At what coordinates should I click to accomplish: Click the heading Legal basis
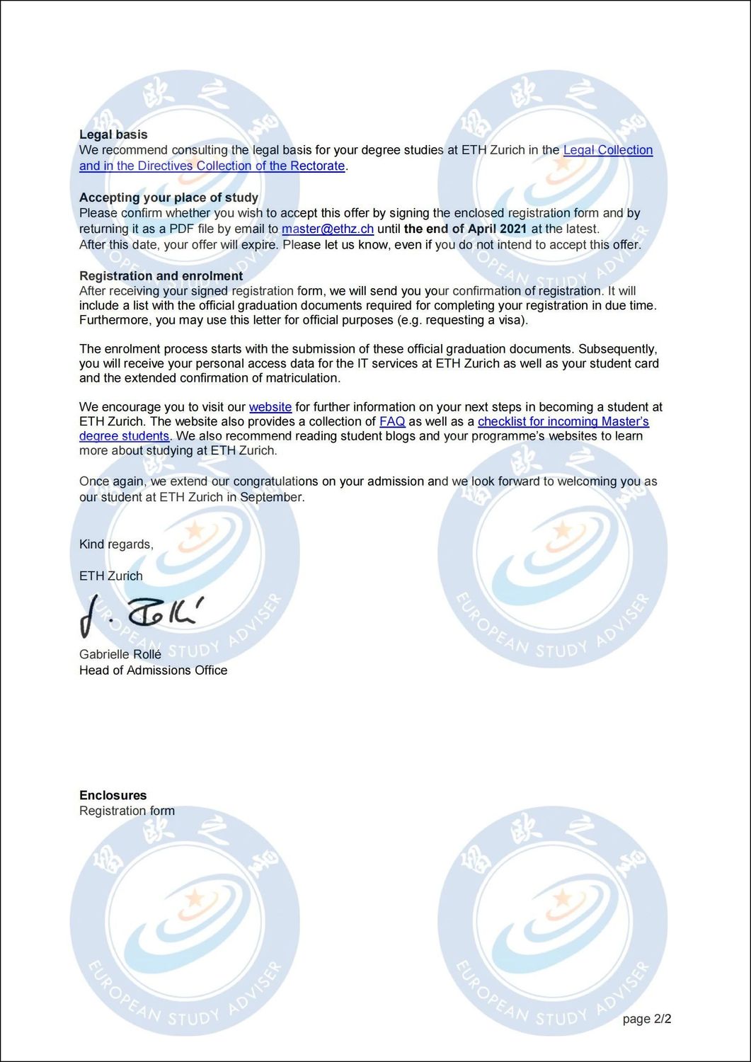tap(113, 135)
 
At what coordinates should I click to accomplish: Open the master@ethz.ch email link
tap(327, 229)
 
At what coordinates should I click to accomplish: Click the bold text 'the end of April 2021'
tap(465, 229)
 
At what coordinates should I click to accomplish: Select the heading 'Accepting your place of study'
tap(168, 198)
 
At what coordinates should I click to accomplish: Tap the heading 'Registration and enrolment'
tap(161, 275)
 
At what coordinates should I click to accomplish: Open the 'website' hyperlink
tap(270, 407)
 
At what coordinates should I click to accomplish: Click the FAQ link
tap(392, 422)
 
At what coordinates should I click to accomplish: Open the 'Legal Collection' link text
tap(607, 150)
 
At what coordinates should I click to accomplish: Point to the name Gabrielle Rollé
tap(120, 655)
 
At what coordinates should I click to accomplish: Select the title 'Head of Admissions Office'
tap(153, 670)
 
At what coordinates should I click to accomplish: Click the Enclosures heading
tap(113, 795)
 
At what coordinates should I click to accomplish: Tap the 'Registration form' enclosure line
tap(127, 811)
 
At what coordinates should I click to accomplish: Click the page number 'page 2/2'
tap(647, 1020)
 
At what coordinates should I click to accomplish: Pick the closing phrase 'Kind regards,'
tap(116, 544)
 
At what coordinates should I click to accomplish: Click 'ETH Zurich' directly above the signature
tap(110, 576)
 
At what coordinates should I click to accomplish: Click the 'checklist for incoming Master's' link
tap(563, 422)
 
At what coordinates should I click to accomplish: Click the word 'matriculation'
tap(303, 378)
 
